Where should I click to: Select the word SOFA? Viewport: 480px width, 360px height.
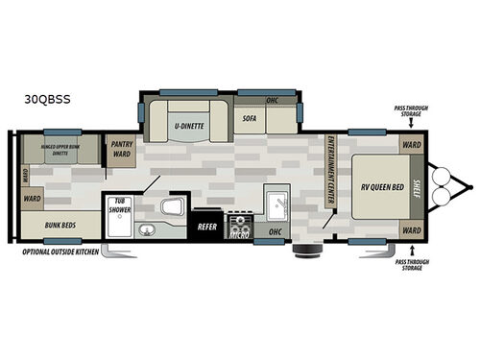[250, 118]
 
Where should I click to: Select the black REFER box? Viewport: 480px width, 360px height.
[205, 228]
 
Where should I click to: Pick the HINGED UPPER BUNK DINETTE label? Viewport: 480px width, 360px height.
[61, 148]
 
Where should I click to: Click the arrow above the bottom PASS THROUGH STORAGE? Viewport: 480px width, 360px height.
[412, 249]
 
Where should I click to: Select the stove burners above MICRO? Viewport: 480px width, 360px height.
[237, 220]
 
